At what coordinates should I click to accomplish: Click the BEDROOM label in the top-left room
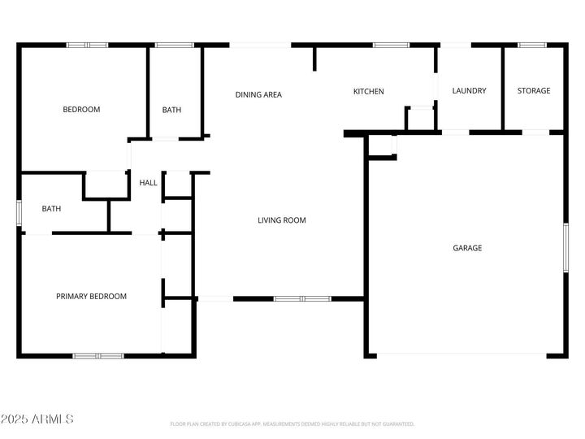point(81,110)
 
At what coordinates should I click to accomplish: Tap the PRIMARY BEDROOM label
point(91,297)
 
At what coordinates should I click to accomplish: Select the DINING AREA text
point(258,95)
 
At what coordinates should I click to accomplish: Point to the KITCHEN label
point(368,92)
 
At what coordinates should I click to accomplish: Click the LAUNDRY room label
point(469,91)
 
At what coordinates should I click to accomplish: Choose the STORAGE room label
point(534,91)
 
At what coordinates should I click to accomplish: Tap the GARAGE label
point(467,248)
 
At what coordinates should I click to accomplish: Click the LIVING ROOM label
point(282,220)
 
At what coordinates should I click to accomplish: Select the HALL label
point(148,184)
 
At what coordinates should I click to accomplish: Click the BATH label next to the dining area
point(171,111)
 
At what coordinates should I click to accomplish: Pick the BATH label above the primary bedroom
point(51,209)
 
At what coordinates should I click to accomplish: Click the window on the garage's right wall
point(566,248)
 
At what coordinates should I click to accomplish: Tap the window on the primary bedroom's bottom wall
point(98,355)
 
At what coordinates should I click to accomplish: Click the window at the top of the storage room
point(532,45)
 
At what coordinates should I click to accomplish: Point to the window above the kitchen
point(391,45)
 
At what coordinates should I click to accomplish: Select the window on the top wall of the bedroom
point(87,45)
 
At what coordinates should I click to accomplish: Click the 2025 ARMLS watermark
point(37,419)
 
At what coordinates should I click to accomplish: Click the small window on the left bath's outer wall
point(19,211)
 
